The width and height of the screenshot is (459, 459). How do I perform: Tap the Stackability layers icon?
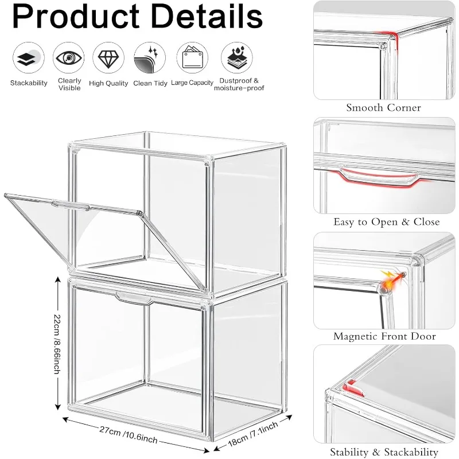29,57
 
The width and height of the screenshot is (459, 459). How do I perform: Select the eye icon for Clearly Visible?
69,57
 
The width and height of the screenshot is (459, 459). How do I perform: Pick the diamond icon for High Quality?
108,57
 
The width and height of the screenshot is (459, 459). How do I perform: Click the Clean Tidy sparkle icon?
150,57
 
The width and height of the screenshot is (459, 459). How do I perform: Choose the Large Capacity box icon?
192,57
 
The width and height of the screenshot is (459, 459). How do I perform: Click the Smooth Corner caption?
383,108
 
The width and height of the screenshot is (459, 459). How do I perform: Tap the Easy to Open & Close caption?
386,222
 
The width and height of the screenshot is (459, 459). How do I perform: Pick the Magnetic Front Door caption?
384,337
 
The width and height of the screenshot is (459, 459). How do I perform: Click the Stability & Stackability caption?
385,453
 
